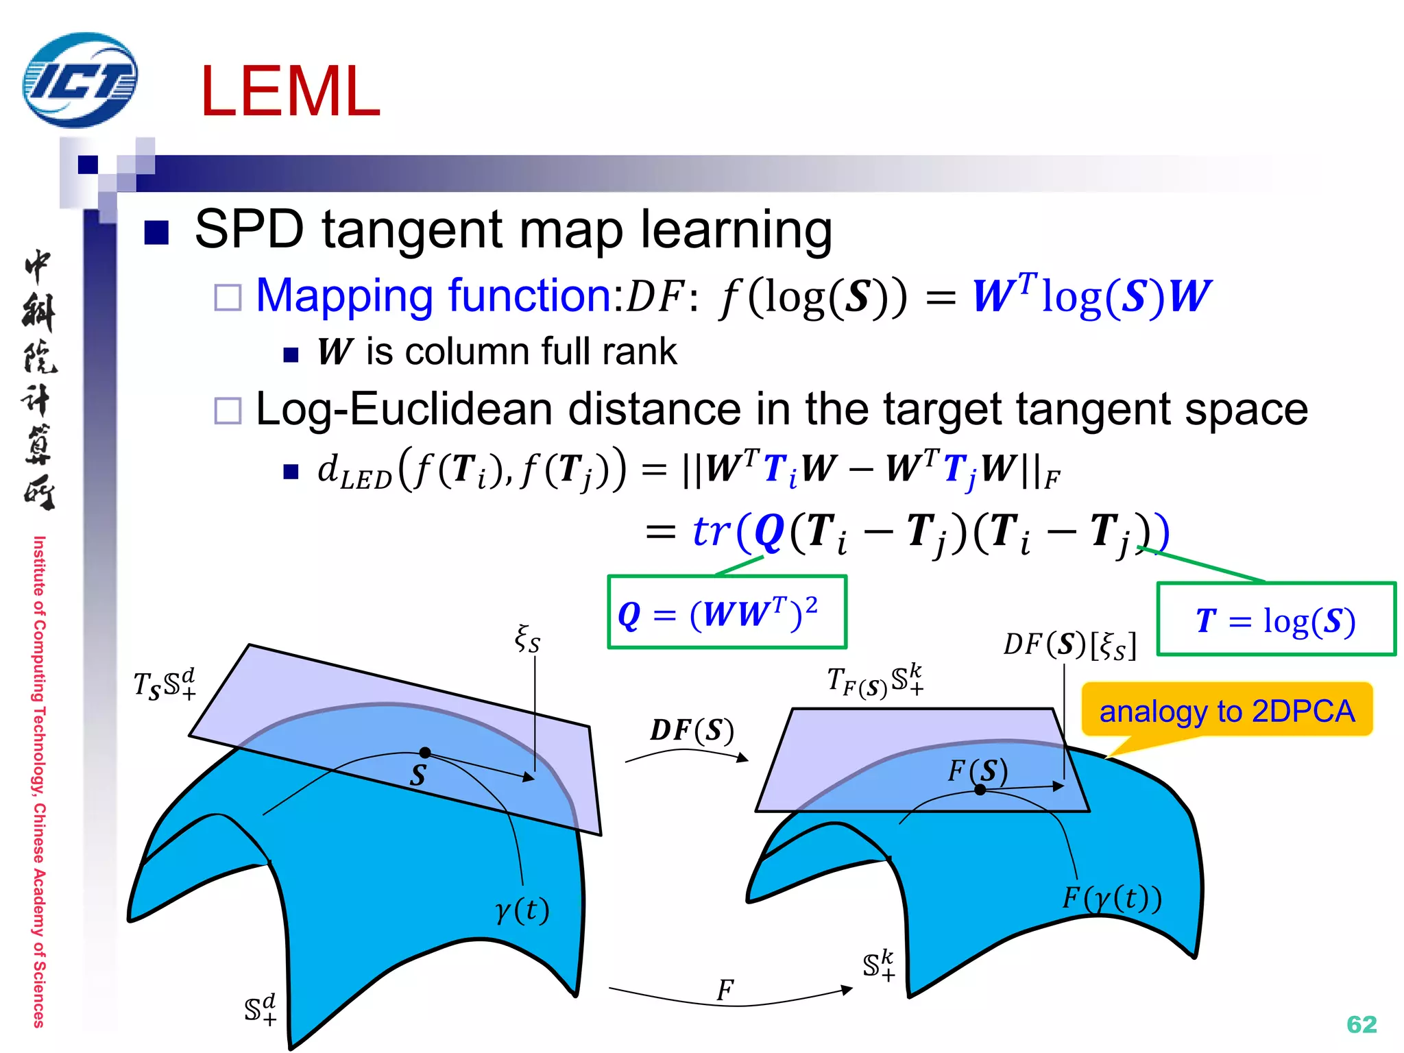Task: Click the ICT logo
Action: pos(80,80)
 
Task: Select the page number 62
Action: pos(1361,1024)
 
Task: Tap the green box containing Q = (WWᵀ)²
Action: pos(727,612)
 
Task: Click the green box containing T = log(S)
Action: pos(1276,620)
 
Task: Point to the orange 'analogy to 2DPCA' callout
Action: pos(1227,711)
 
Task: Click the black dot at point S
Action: pos(425,752)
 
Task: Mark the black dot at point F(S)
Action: pos(980,790)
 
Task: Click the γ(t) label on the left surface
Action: pos(522,910)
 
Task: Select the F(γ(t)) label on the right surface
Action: pos(1112,897)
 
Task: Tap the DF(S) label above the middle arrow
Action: pos(692,730)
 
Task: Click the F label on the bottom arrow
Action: pos(725,990)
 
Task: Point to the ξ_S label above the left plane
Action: pos(527,639)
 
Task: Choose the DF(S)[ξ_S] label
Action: pos(1069,644)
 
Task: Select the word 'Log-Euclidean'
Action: pos(403,409)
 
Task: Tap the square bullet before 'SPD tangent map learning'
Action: pos(157,232)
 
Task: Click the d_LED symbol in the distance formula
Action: pos(354,472)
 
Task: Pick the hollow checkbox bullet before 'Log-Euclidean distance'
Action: pos(228,411)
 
